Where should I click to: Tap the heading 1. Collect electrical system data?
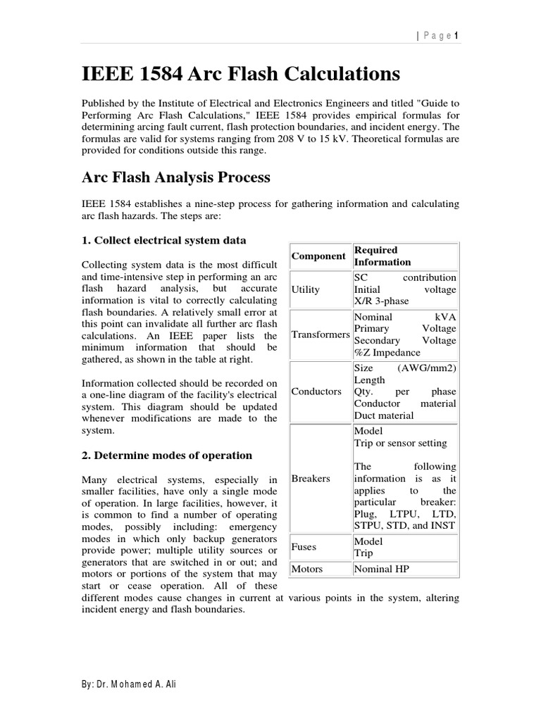click(163, 240)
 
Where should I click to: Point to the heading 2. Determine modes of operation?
click(167, 455)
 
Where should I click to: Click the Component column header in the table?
click(318, 256)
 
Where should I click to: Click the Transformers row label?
click(320, 334)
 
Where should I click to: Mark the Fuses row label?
click(304, 546)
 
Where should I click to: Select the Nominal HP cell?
click(381, 568)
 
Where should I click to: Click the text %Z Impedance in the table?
click(387, 352)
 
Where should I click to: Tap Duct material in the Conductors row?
click(384, 415)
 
